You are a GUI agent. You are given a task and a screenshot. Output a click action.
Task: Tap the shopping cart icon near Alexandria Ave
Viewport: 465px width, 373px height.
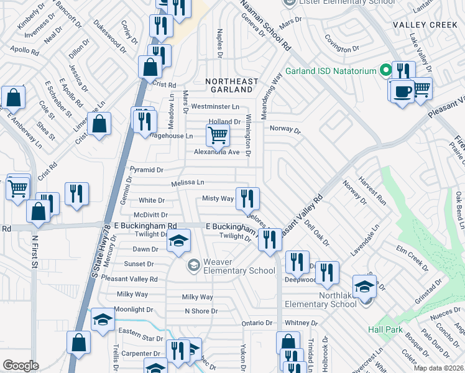(218, 134)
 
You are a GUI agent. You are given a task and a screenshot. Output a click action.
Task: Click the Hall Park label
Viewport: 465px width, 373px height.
(385, 329)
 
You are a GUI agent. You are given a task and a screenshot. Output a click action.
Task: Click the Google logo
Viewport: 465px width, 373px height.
(21, 365)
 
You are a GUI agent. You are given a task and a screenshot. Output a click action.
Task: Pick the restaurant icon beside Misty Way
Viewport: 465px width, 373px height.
(247, 198)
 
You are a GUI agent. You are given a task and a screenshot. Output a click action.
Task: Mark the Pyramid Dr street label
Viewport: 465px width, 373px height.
(146, 169)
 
